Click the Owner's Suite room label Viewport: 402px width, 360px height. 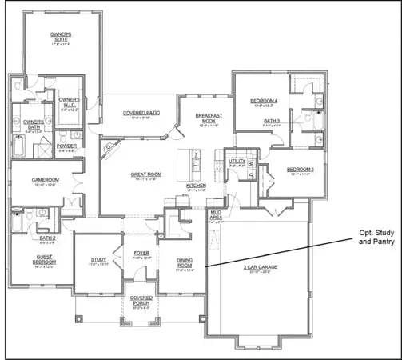click(x=62, y=38)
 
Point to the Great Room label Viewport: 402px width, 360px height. click(x=146, y=175)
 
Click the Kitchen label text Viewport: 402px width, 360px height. click(x=197, y=186)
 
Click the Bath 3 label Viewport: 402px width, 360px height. click(x=273, y=122)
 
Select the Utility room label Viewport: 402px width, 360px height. click(x=237, y=162)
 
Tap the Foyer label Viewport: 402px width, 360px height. click(x=141, y=255)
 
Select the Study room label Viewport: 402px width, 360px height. click(x=98, y=260)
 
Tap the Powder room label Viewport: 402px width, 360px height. click(x=66, y=147)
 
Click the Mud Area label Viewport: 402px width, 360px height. click(x=215, y=216)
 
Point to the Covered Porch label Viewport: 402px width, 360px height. click(x=141, y=300)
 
